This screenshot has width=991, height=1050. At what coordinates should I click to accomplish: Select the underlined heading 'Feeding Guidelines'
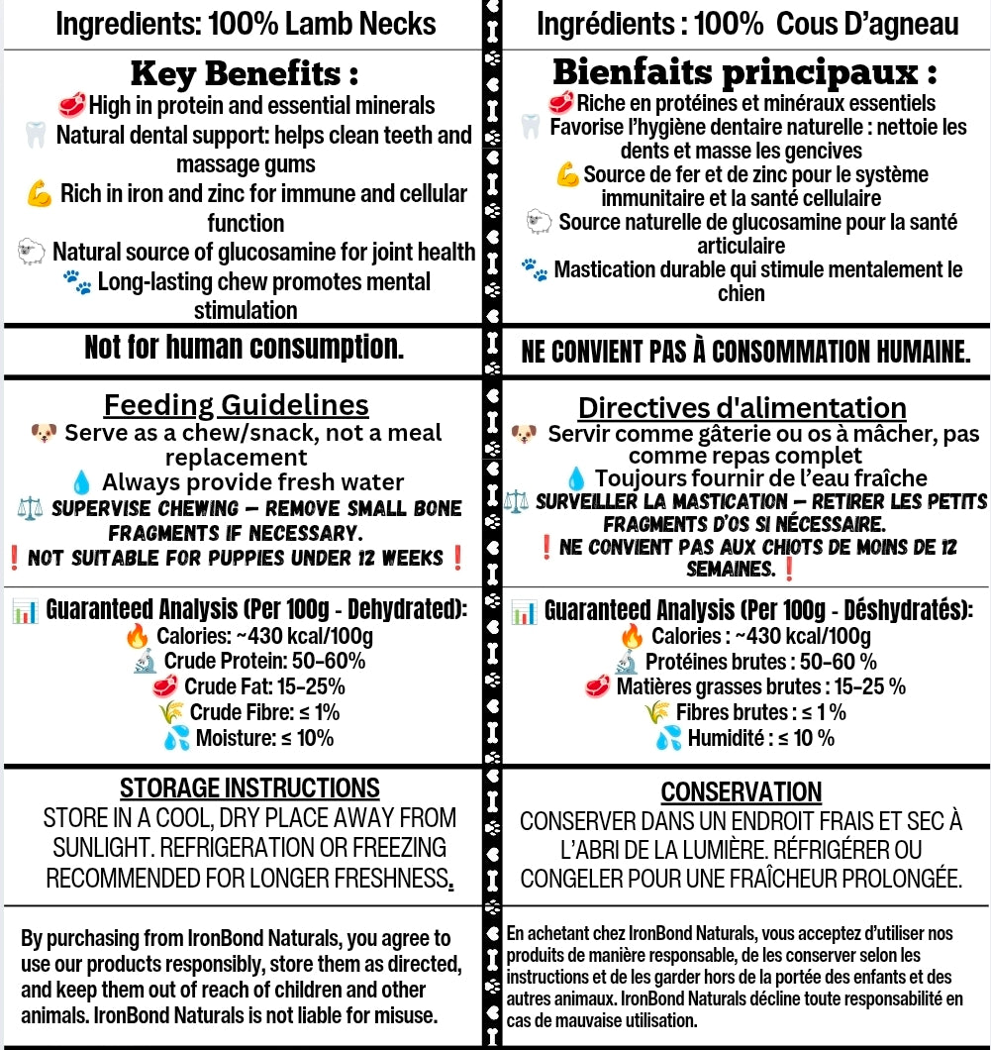[x=237, y=405]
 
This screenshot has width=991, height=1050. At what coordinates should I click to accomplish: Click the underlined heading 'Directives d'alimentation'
[x=743, y=407]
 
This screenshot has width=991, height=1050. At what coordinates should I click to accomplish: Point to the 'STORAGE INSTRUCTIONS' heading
[x=249, y=788]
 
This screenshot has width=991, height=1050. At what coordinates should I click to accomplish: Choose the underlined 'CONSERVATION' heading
[x=742, y=792]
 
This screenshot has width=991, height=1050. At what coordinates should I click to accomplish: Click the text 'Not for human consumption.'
[x=244, y=348]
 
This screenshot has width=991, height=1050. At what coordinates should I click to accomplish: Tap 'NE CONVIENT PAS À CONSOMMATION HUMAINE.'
[x=745, y=352]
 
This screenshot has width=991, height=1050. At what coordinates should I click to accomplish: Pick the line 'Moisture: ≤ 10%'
[x=264, y=738]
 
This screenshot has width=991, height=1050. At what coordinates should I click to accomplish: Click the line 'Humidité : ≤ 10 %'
[x=760, y=738]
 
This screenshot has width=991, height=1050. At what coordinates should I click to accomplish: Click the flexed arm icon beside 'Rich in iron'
[x=40, y=194]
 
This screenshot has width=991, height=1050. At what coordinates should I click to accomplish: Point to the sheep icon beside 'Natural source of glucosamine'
[x=32, y=253]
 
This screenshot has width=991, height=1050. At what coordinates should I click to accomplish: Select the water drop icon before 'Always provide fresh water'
[x=82, y=483]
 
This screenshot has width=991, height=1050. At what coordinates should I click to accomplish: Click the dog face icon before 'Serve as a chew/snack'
[x=44, y=434]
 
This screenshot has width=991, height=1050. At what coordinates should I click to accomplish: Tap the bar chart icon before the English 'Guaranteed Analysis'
[x=25, y=611]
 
